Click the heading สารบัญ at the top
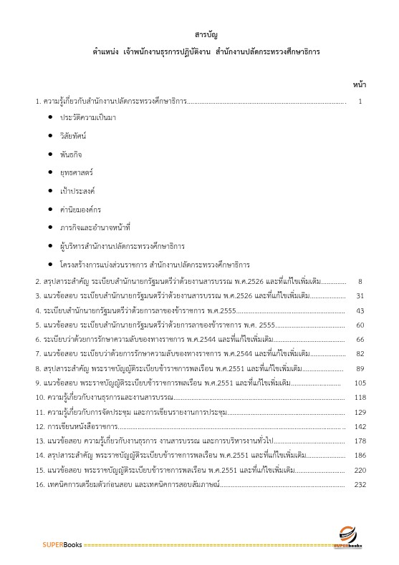click(206, 34)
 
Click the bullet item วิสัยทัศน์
click(73, 134)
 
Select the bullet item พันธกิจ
click(71, 153)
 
